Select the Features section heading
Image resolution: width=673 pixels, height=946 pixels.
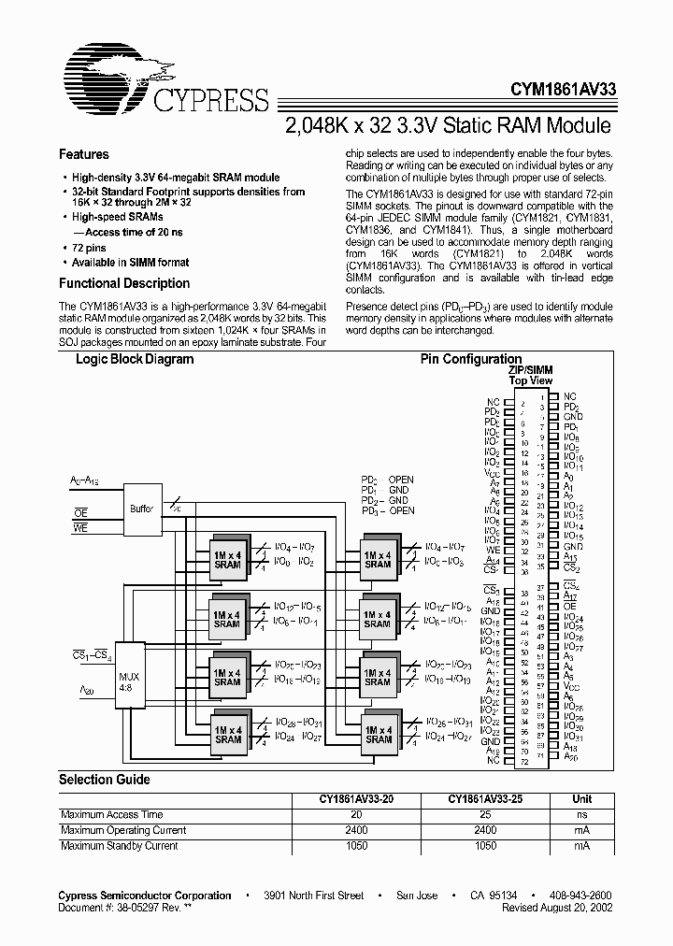(x=84, y=154)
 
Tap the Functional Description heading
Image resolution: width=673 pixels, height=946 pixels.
(x=124, y=283)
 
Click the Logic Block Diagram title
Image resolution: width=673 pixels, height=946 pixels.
(x=135, y=359)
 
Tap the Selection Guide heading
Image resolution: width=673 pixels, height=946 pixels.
(x=105, y=780)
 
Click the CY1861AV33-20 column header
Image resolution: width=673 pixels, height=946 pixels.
(x=356, y=799)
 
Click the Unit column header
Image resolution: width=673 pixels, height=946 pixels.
(x=582, y=799)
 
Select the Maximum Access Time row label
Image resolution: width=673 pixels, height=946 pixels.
(x=111, y=815)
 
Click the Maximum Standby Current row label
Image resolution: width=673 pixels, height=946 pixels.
(x=119, y=846)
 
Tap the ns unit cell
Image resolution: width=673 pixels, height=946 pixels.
(x=582, y=815)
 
